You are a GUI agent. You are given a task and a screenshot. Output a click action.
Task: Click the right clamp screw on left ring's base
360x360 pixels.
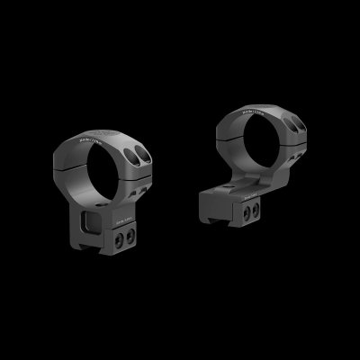130,234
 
